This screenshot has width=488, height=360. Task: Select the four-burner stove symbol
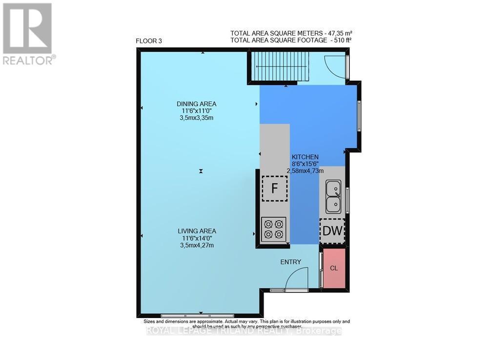[x=273, y=229]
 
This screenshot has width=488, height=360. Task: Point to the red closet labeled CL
[x=334, y=268]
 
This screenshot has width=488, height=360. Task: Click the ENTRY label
[x=290, y=262]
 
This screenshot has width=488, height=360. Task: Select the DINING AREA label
[x=196, y=104]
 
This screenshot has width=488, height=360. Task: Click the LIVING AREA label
[x=197, y=231]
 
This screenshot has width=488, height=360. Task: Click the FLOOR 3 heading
[x=149, y=41]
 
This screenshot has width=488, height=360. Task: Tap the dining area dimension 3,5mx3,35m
[x=196, y=118]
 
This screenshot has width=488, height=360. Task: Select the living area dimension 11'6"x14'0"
[x=197, y=238]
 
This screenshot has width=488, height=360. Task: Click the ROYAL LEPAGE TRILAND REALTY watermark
[x=244, y=331]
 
